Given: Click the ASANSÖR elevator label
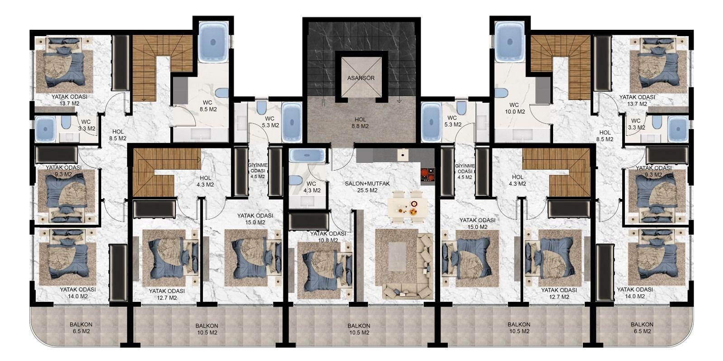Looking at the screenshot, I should (361, 78).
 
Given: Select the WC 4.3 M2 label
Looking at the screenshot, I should (311, 187).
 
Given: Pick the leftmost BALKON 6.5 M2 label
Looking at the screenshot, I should (81, 328).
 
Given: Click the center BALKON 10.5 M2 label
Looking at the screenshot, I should (359, 329).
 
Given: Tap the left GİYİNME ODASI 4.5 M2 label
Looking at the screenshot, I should (258, 171).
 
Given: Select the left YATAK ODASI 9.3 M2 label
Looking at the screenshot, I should (63, 171).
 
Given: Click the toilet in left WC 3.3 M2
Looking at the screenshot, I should (66, 124).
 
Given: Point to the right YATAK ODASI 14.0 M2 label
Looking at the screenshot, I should (635, 293).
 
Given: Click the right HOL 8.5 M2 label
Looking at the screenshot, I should (605, 136).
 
